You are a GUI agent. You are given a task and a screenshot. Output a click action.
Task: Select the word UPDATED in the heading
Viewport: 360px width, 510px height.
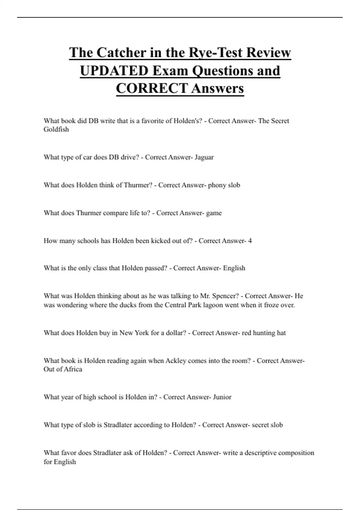(114, 71)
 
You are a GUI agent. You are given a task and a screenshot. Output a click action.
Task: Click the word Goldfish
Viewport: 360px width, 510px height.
(56, 129)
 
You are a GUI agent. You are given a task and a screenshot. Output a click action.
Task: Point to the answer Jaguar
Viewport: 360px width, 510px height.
(204, 157)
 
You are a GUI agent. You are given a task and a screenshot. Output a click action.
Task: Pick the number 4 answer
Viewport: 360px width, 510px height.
(250, 241)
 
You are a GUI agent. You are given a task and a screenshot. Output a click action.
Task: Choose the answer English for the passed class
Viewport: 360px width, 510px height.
(234, 268)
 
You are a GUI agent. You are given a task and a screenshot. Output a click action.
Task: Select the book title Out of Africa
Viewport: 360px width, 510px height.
(63, 369)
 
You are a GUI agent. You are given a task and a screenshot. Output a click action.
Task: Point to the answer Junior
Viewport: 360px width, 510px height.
(222, 397)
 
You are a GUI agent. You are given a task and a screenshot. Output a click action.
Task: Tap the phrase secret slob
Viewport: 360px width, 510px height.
(267, 425)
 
